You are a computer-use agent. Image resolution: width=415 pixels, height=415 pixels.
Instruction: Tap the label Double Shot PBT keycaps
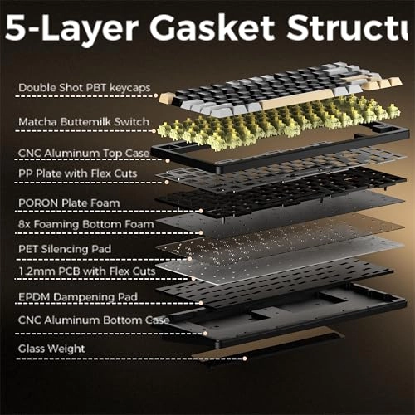pos(85,88)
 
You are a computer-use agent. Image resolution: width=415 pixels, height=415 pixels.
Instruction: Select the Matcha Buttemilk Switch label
pos(84,122)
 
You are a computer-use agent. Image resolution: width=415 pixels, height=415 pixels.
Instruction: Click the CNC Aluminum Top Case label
pos(84,153)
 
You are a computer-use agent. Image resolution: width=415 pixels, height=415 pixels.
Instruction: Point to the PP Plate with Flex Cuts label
pos(78,173)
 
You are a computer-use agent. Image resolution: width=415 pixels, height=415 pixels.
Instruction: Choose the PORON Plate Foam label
pos(69,203)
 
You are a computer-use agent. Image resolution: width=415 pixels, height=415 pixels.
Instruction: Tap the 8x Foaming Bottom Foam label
pos(86,224)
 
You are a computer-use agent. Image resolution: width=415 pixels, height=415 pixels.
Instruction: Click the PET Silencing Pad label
pos(65,249)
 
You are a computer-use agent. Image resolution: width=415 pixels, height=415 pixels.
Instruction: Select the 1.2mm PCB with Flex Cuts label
pos(87,271)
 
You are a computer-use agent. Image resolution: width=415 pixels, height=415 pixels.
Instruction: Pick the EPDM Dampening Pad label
pos(78,297)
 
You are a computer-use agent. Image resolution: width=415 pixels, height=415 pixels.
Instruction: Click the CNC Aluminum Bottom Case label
pos(94,320)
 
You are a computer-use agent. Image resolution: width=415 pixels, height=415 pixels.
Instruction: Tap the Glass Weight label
pos(51,349)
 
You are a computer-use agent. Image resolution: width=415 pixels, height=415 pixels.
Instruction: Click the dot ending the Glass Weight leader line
pos(245,359)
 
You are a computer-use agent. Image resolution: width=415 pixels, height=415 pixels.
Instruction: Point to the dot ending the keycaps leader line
pos(156,95)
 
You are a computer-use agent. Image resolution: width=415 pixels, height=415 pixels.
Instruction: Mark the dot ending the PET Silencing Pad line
pos(190,259)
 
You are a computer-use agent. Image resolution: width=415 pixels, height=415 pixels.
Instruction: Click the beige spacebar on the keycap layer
pos(296,99)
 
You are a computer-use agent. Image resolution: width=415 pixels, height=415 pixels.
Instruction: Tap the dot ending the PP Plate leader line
pos(167,182)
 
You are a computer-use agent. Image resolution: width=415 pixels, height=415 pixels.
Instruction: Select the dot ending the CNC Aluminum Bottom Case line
pos(205,334)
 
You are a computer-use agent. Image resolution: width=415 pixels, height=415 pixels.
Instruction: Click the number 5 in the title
pos(14,27)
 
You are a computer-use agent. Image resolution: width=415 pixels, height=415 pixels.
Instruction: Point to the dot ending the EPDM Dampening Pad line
pos(201,303)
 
